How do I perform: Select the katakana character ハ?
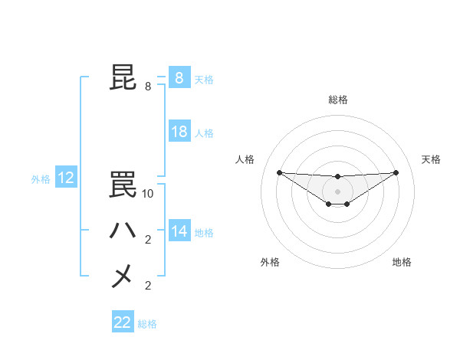pos(123,231)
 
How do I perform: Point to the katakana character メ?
pos(123,276)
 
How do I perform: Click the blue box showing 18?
pos(179,132)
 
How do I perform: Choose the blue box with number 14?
pos(179,231)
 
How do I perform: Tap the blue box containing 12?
pos(66,178)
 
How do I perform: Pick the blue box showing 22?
pos(123,322)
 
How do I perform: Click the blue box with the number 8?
pos(179,77)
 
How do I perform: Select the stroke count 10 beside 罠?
pos(148,194)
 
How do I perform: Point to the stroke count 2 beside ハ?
pos(148,240)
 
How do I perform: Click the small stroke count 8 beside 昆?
pos(148,87)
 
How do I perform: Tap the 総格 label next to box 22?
pos(147,324)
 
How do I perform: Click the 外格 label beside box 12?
pos(41,179)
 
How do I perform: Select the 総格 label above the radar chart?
pos(337,100)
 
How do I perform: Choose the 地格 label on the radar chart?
pos(402,262)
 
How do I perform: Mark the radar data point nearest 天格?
pos(396,172)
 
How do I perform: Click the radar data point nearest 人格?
pos(279,172)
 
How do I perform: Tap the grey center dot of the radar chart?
pos(337,191)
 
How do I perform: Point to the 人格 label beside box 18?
pos(204,133)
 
